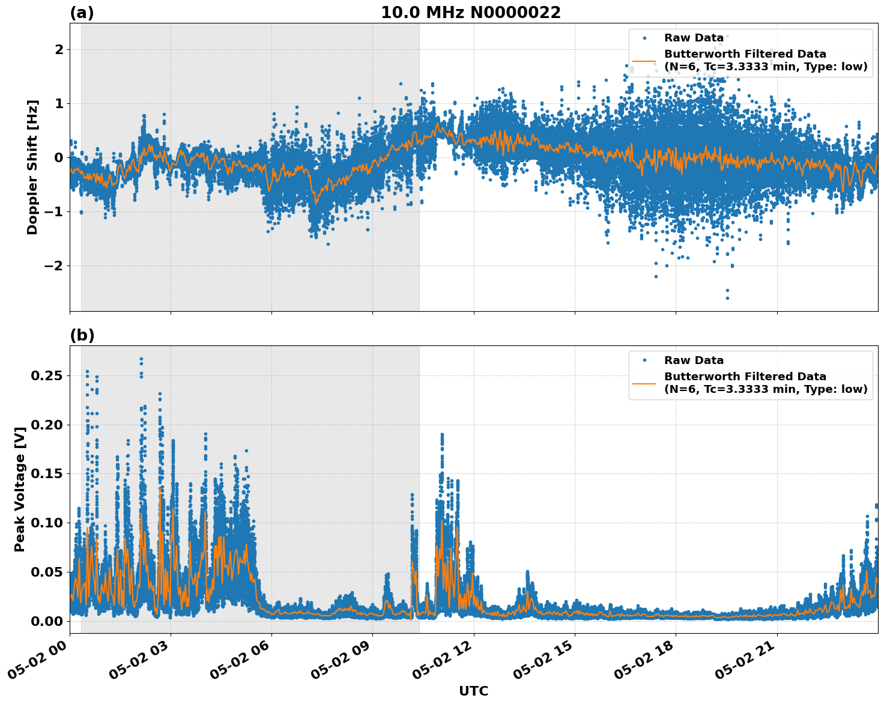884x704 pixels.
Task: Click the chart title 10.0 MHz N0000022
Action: (x=470, y=13)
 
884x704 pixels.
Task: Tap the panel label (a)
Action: (x=82, y=13)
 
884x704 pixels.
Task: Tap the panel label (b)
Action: (x=82, y=335)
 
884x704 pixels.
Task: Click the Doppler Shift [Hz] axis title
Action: (x=32, y=167)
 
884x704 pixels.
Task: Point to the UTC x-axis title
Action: (x=473, y=691)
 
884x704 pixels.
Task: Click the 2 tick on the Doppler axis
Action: (x=59, y=49)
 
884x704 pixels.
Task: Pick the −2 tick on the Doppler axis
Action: (x=54, y=266)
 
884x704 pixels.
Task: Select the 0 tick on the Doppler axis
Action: (x=59, y=158)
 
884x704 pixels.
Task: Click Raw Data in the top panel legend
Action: (x=694, y=38)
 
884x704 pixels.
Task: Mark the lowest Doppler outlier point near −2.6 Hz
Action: (x=727, y=298)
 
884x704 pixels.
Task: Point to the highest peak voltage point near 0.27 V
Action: (x=141, y=359)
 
